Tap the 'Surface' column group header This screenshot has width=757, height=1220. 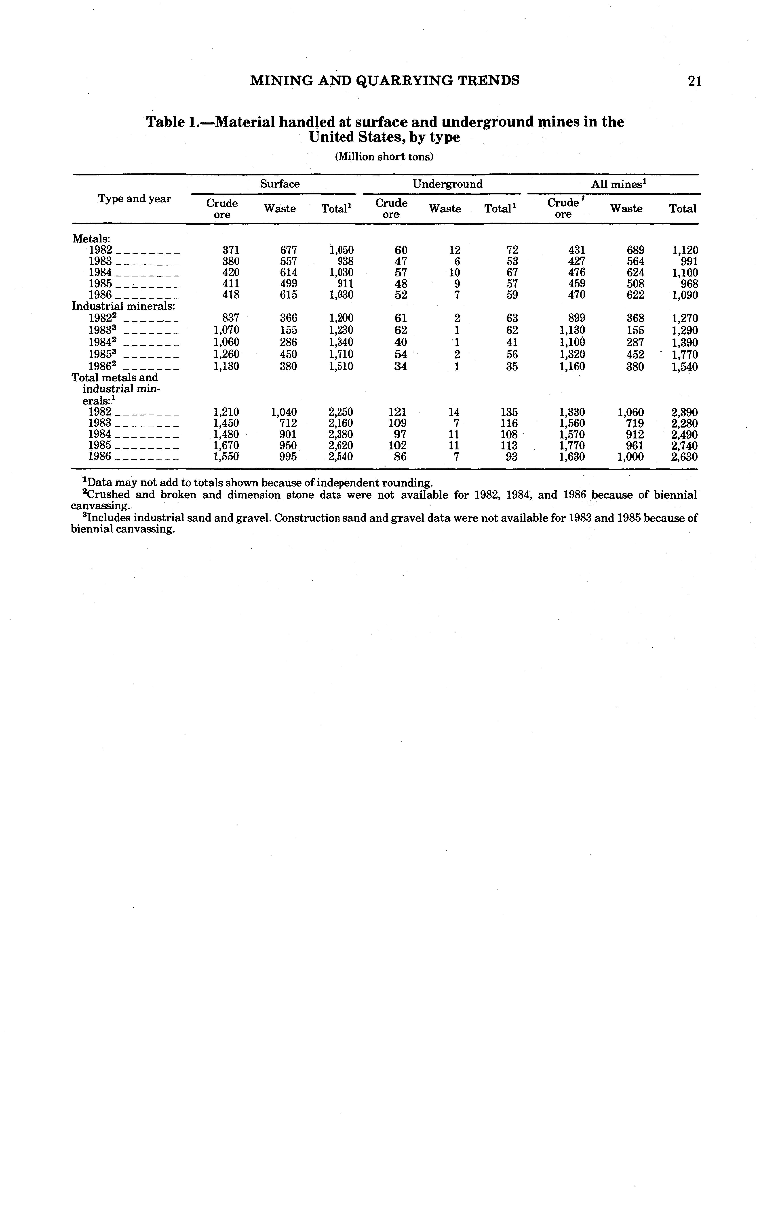279,184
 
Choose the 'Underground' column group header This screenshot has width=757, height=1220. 447,184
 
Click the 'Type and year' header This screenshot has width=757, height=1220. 134,199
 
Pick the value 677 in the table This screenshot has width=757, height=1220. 288,250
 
